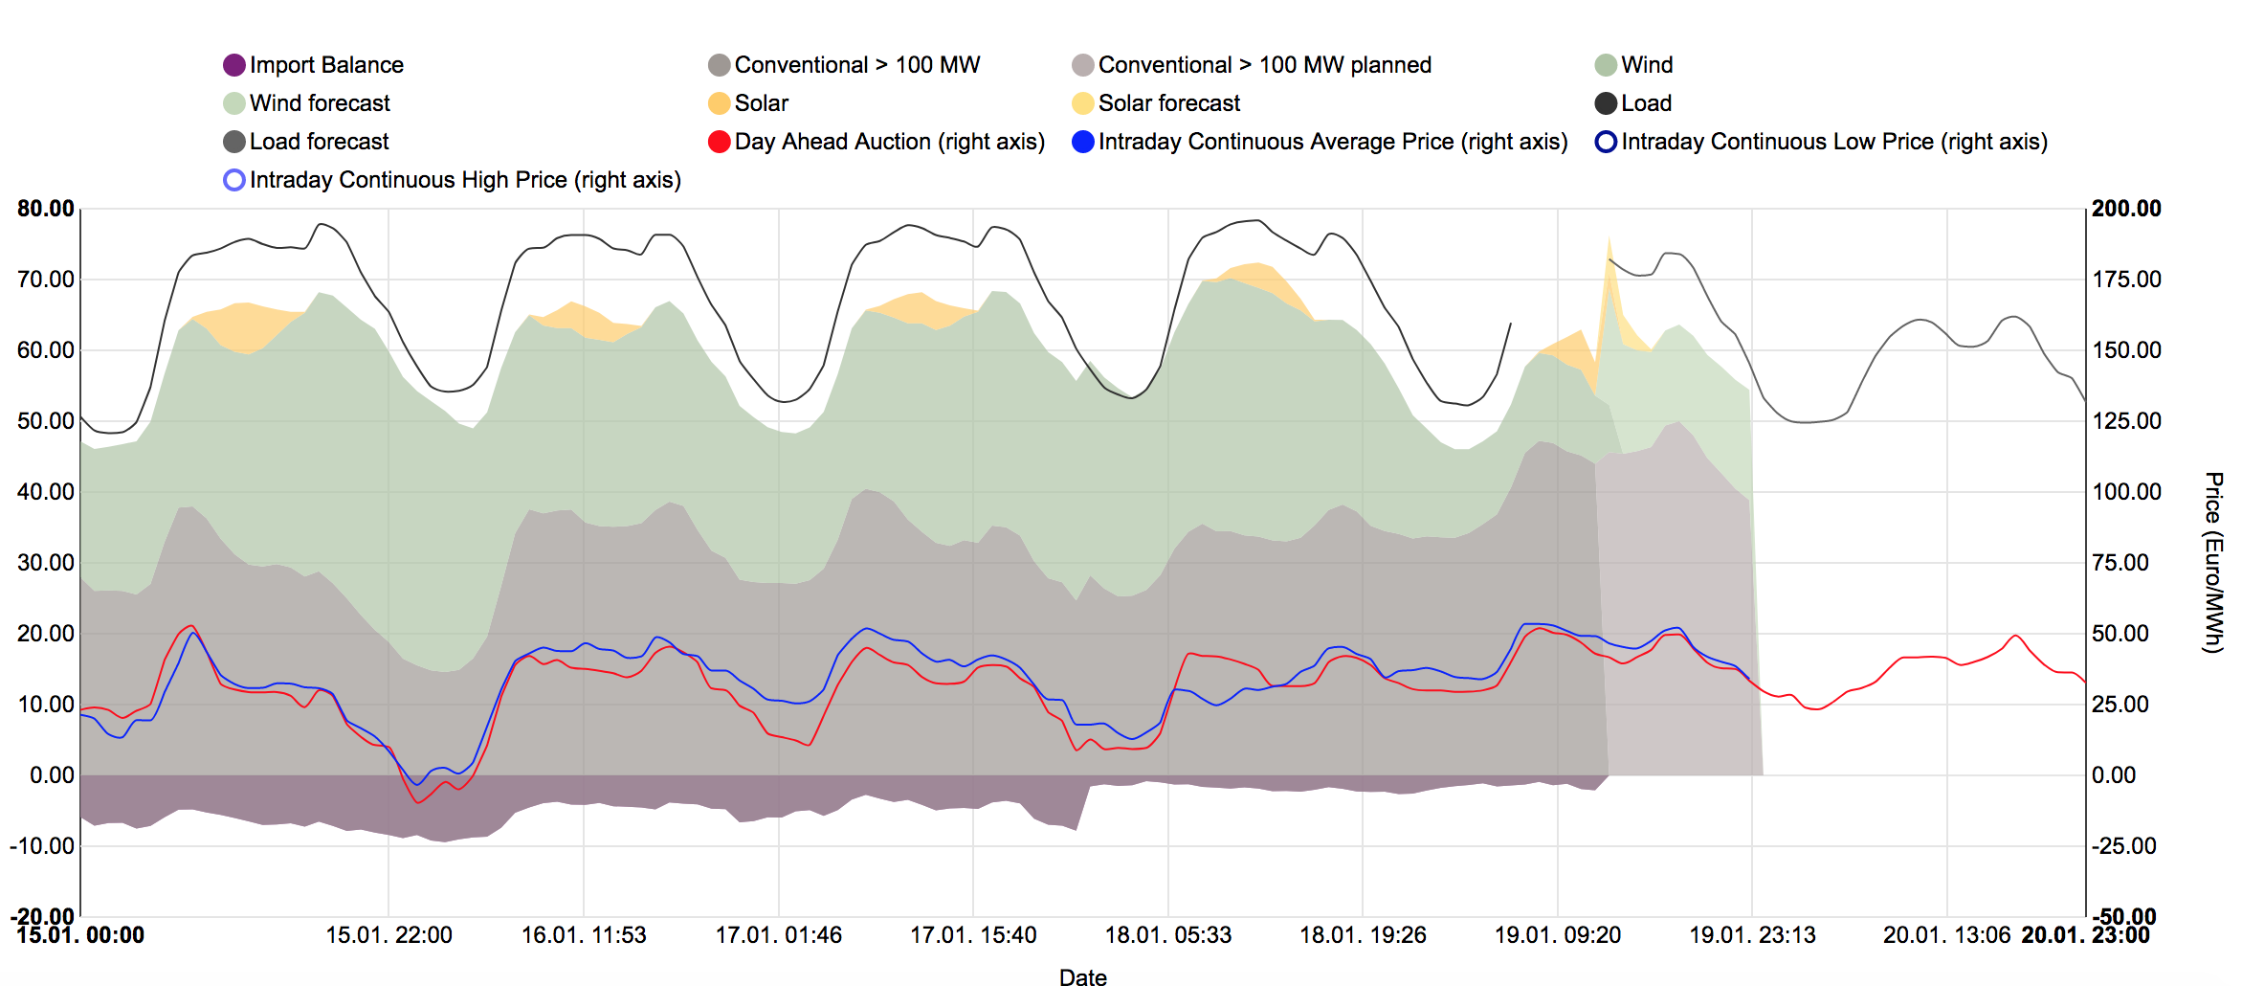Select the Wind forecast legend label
click(320, 103)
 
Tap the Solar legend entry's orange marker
click(719, 103)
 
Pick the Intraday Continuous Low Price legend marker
click(1606, 142)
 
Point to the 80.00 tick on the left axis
click(46, 209)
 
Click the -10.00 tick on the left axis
click(42, 846)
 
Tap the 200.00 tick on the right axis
click(2126, 209)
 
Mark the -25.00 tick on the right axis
click(2124, 846)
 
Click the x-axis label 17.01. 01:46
click(779, 935)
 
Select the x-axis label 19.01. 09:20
click(1558, 935)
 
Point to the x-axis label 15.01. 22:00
click(388, 935)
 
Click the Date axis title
click(1082, 976)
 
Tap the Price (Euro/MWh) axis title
click(2214, 563)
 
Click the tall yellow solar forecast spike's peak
click(1609, 239)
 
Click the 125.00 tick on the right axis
click(2126, 421)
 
